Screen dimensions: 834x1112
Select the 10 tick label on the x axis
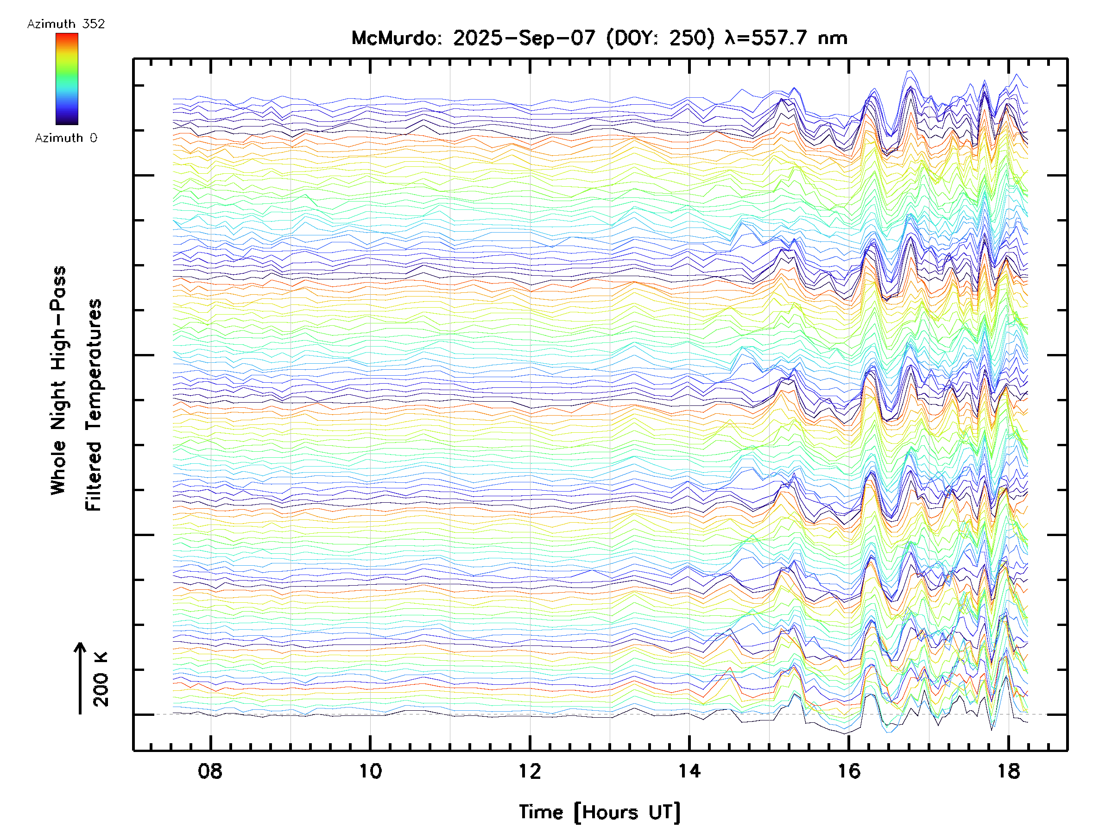tap(370, 771)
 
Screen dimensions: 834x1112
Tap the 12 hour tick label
tap(530, 771)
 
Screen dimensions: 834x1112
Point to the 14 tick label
tap(689, 771)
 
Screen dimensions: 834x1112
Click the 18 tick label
tap(1008, 771)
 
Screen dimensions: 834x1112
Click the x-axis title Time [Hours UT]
tap(599, 812)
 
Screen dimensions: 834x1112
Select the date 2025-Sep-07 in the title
tap(524, 38)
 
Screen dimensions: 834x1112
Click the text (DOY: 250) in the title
tap(660, 38)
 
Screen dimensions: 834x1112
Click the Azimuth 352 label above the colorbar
tap(66, 24)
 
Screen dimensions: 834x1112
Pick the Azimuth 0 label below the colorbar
tap(66, 138)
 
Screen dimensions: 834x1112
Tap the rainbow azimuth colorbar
tap(67, 79)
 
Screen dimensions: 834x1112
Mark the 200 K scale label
tap(101, 679)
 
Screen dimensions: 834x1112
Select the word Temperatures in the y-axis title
tap(94, 366)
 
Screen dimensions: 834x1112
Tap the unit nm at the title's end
tap(833, 38)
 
